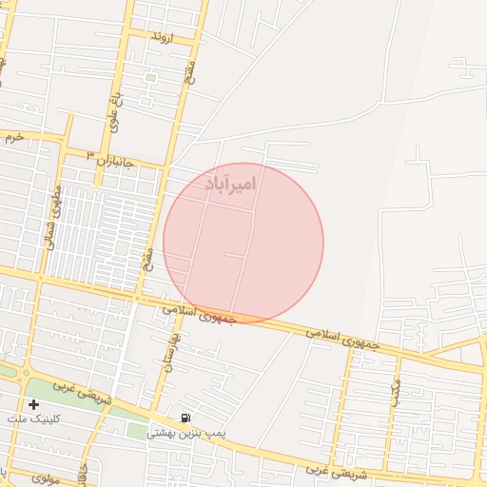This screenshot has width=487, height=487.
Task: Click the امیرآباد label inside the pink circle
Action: pyautogui.click(x=230, y=183)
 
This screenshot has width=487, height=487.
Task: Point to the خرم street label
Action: pyautogui.click(x=12, y=137)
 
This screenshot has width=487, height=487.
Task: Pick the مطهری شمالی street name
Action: pyautogui.click(x=55, y=216)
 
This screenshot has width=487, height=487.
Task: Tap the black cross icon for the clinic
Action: pyautogui.click(x=34, y=404)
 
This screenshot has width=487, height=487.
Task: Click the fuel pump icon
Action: pyautogui.click(x=185, y=418)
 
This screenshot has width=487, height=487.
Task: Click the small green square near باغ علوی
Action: pyautogui.click(x=149, y=77)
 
